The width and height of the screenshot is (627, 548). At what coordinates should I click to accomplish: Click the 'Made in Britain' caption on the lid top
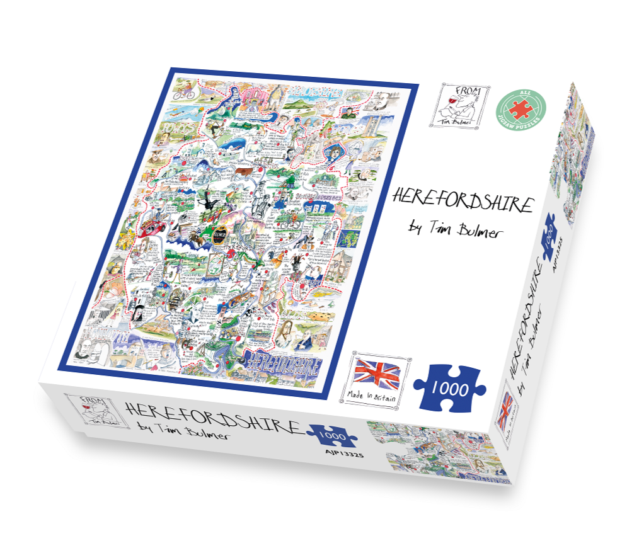[374, 396]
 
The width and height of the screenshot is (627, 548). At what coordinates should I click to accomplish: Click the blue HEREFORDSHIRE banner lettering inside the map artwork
[283, 363]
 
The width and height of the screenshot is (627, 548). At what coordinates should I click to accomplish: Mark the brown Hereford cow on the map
[244, 171]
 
